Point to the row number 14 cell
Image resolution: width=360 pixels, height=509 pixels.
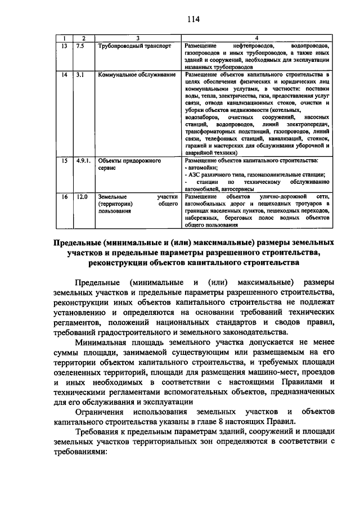click(65, 74)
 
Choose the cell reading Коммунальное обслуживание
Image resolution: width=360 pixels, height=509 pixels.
click(136, 74)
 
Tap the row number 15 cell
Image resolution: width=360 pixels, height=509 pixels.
click(65, 160)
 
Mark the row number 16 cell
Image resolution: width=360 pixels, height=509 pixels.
click(65, 197)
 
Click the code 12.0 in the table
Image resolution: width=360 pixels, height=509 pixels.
click(82, 197)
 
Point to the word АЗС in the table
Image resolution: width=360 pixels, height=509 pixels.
click(195, 175)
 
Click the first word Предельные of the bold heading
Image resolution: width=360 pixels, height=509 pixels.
click(80, 242)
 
